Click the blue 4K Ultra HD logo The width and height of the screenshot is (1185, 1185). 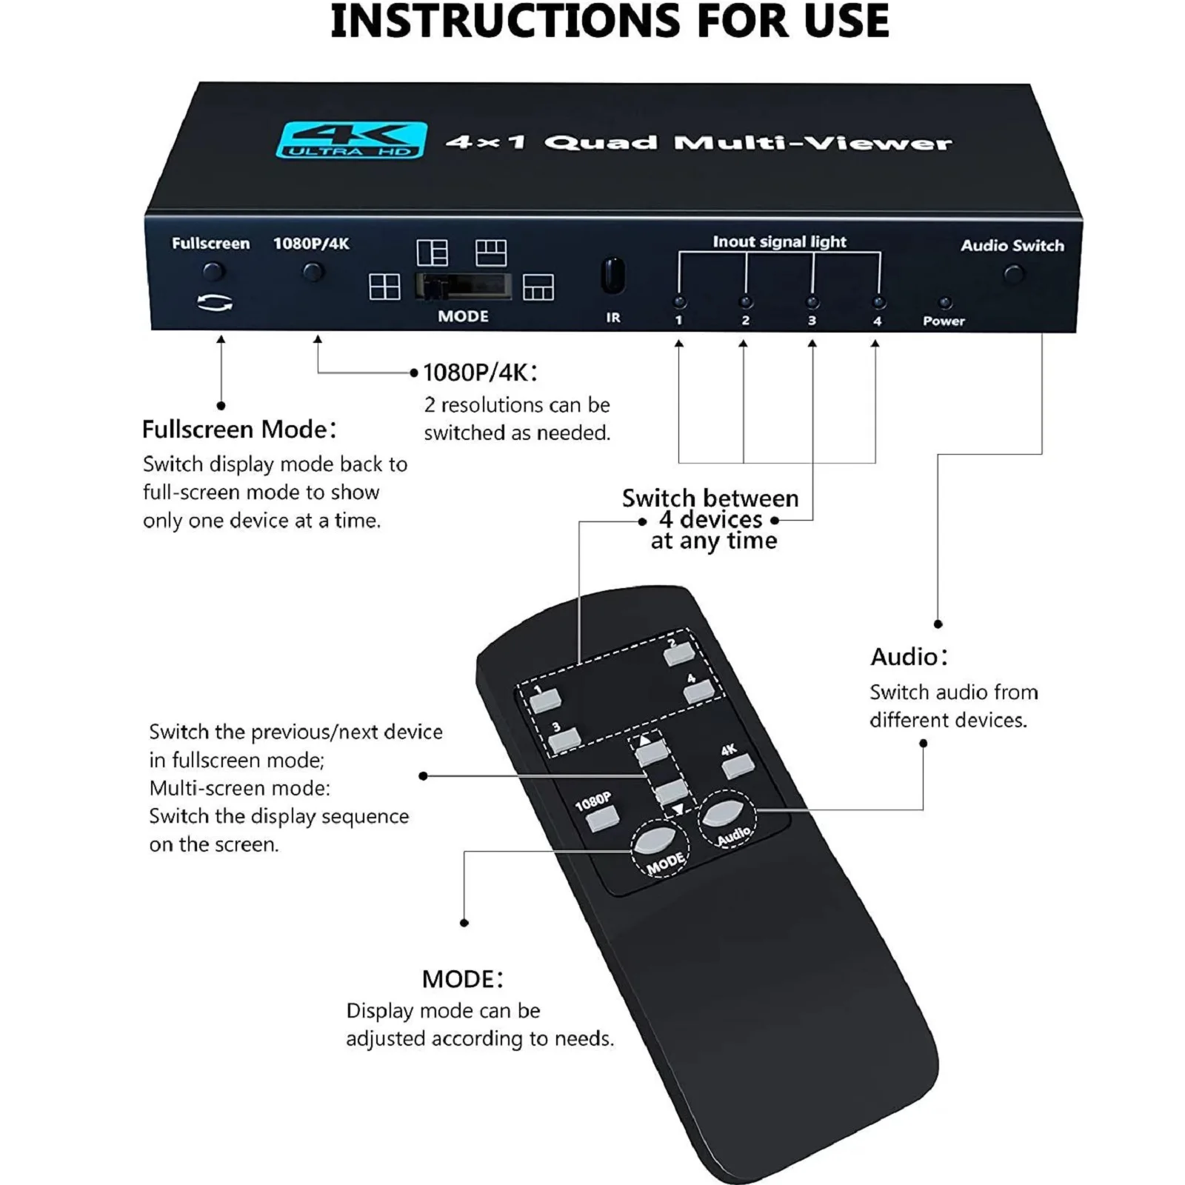pos(352,140)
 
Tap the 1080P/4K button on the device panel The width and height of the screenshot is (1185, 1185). pos(313,273)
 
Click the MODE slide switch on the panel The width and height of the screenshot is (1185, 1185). pos(463,287)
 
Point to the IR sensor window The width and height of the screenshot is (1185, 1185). pos(612,276)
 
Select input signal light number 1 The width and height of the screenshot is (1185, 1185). pos(679,302)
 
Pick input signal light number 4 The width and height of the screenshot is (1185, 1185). pos(878,302)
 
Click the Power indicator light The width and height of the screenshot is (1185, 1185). pos(944,303)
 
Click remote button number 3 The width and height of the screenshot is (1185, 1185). pos(565,738)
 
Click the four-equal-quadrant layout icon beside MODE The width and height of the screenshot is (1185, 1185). pos(384,287)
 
